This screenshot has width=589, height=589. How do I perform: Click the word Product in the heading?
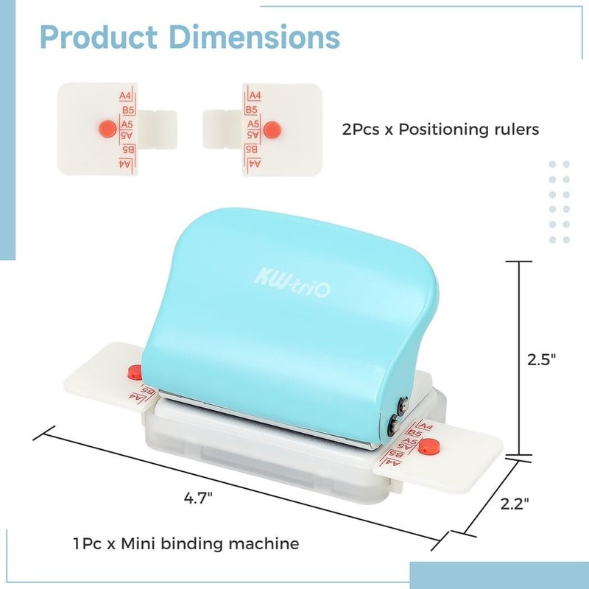99,38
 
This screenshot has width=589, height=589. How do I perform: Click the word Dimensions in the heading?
255,38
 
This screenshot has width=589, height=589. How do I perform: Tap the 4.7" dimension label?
198,498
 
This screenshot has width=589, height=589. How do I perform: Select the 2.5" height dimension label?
541,359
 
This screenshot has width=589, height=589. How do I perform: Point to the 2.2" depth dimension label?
515,504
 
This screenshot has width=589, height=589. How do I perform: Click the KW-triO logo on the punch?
292,283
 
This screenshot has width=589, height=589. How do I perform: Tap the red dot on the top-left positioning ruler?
107,129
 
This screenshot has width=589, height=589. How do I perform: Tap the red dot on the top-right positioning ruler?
272,130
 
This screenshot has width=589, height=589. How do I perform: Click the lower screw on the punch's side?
395,425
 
